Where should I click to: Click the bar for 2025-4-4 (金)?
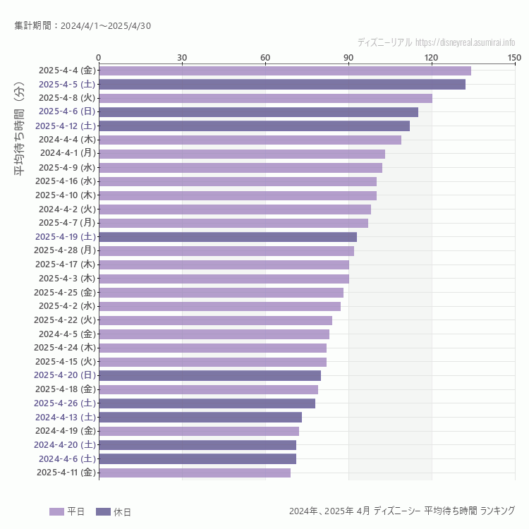coord(284,71)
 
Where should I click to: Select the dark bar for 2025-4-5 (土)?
coord(282,84)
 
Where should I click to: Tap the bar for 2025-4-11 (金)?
coord(195,473)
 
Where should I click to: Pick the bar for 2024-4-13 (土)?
coord(200,417)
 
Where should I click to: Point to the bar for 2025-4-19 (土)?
coord(228,237)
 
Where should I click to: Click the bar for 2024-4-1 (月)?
coord(242,153)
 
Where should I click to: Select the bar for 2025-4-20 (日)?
coord(209,375)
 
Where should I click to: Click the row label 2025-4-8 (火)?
coord(67,98)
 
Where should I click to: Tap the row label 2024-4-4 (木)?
coord(67,140)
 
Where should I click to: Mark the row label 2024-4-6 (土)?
coord(67,458)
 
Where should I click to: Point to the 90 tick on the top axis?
coord(348,57)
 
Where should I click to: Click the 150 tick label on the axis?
coord(514,57)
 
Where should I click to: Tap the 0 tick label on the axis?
coord(99,57)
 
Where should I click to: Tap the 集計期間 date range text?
coord(83,26)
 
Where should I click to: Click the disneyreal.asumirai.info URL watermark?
coord(465,42)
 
